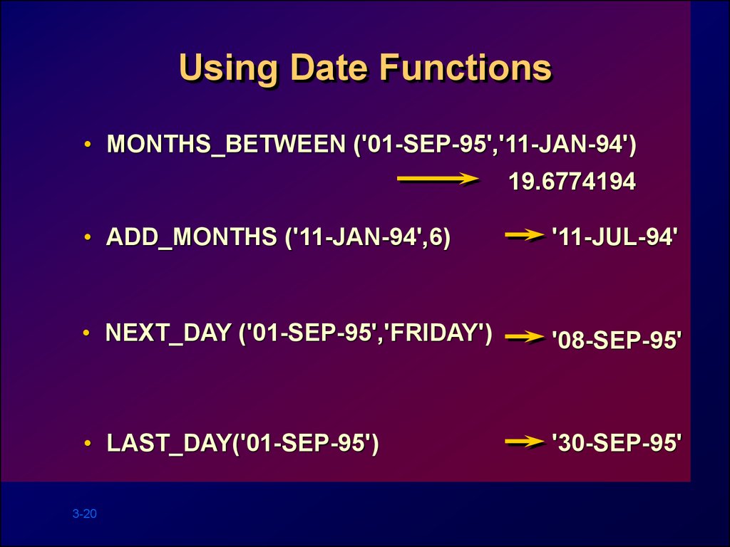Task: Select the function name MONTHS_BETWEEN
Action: pyautogui.click(x=226, y=143)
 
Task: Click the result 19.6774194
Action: pyautogui.click(x=572, y=181)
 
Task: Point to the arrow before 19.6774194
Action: pyautogui.click(x=438, y=179)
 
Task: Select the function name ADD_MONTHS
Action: pyautogui.click(x=191, y=236)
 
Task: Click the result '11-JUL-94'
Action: pyautogui.click(x=615, y=236)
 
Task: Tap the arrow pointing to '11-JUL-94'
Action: pyautogui.click(x=525, y=235)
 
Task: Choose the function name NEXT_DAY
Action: pyautogui.click(x=168, y=333)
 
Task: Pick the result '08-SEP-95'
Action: pyautogui.click(x=617, y=340)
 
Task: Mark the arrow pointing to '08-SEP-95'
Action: pyautogui.click(x=525, y=337)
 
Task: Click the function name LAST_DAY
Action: pyautogui.click(x=169, y=442)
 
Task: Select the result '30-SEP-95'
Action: pyautogui.click(x=617, y=442)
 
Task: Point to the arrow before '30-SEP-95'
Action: pyautogui.click(x=525, y=442)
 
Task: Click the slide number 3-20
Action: pyautogui.click(x=85, y=514)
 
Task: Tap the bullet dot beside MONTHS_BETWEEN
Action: pyautogui.click(x=88, y=144)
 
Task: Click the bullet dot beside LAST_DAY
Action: pyautogui.click(x=88, y=443)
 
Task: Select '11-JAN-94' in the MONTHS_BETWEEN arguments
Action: pyautogui.click(x=561, y=143)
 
